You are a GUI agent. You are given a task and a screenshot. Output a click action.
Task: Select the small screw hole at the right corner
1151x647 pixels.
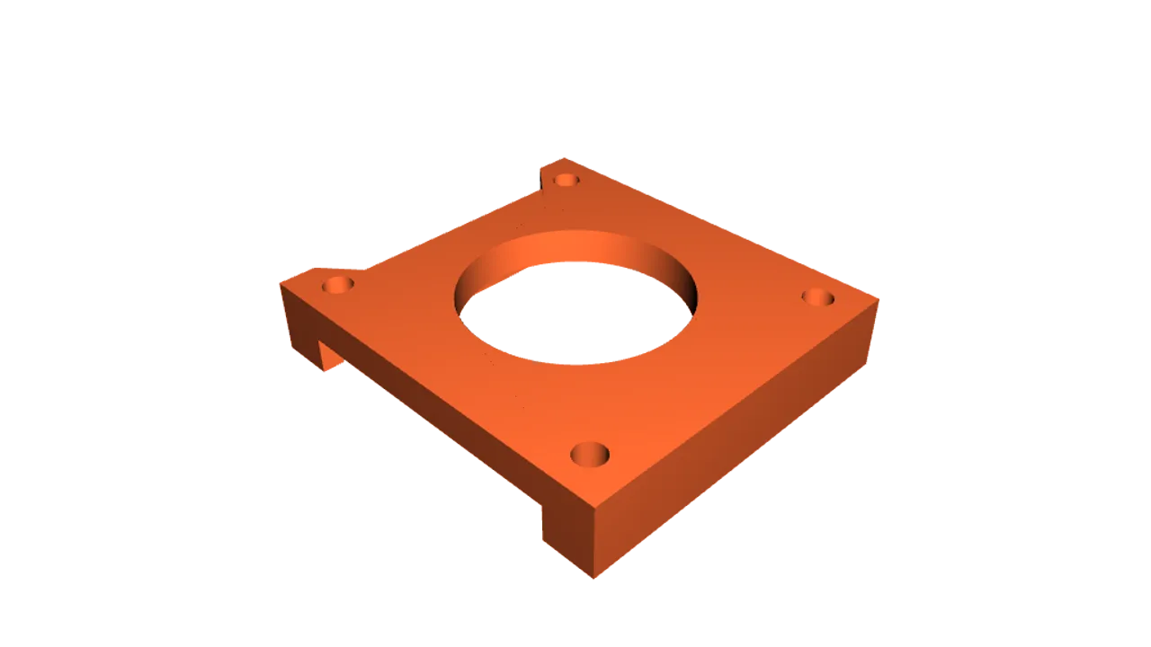(x=817, y=297)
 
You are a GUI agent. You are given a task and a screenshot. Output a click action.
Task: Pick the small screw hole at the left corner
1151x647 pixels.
(x=338, y=285)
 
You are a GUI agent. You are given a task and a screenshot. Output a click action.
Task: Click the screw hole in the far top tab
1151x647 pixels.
(x=566, y=180)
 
